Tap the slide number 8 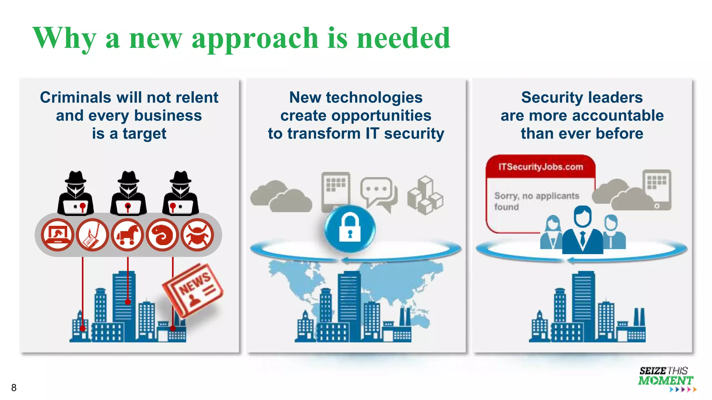pyautogui.click(x=14, y=387)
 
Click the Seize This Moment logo pyautogui.click(x=665, y=379)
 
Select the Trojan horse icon pyautogui.click(x=127, y=235)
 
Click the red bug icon pyautogui.click(x=197, y=235)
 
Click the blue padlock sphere pyautogui.click(x=350, y=228)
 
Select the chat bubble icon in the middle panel pyautogui.click(x=379, y=193)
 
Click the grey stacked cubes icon pyautogui.click(x=425, y=195)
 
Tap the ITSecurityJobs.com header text pyautogui.click(x=541, y=167)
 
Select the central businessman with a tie pyautogui.click(x=582, y=231)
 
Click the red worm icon pyautogui.click(x=162, y=235)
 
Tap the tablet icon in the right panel pyautogui.click(x=657, y=189)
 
